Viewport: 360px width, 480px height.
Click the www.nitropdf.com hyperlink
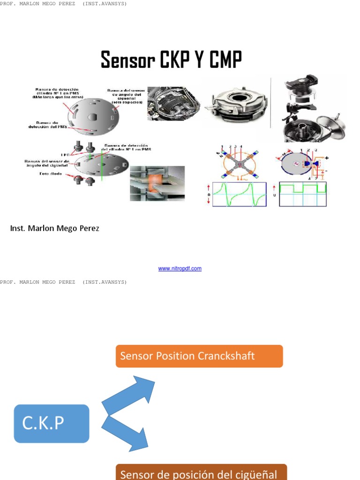click(x=180, y=269)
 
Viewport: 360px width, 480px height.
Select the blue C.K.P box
click(x=52, y=423)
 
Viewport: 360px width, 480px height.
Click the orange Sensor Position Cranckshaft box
click(x=199, y=356)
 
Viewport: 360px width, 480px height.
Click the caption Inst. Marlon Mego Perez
click(x=55, y=228)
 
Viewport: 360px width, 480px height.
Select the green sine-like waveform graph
click(x=240, y=194)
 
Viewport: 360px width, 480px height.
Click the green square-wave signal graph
click(x=303, y=194)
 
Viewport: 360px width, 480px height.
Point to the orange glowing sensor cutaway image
click(x=157, y=183)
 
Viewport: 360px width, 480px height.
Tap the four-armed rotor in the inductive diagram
click(x=240, y=164)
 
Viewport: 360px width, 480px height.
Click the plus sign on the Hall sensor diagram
click(x=326, y=158)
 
